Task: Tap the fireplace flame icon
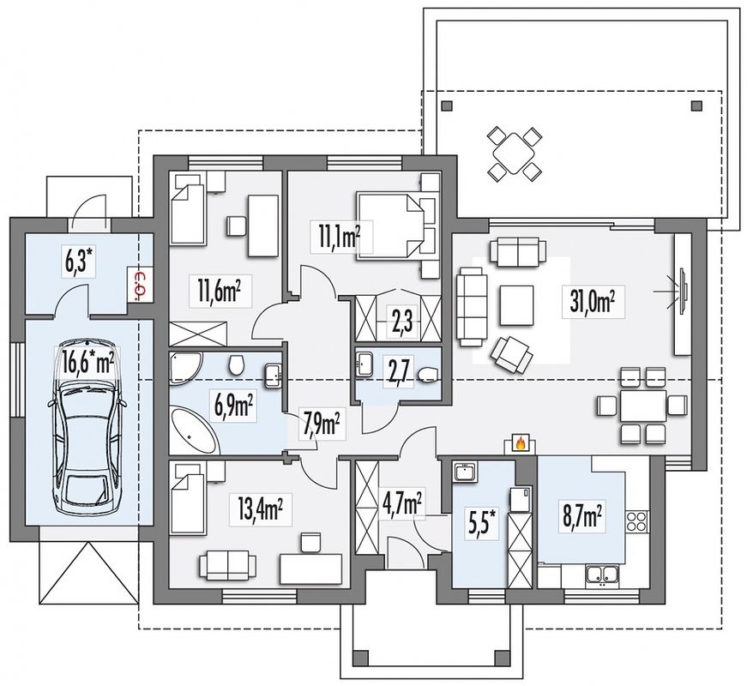(520, 442)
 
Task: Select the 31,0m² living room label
(593, 302)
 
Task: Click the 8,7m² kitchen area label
(581, 516)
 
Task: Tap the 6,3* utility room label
(79, 262)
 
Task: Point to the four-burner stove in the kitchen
(637, 522)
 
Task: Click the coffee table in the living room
(516, 305)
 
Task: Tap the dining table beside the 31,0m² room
(643, 406)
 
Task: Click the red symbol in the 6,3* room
(141, 284)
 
